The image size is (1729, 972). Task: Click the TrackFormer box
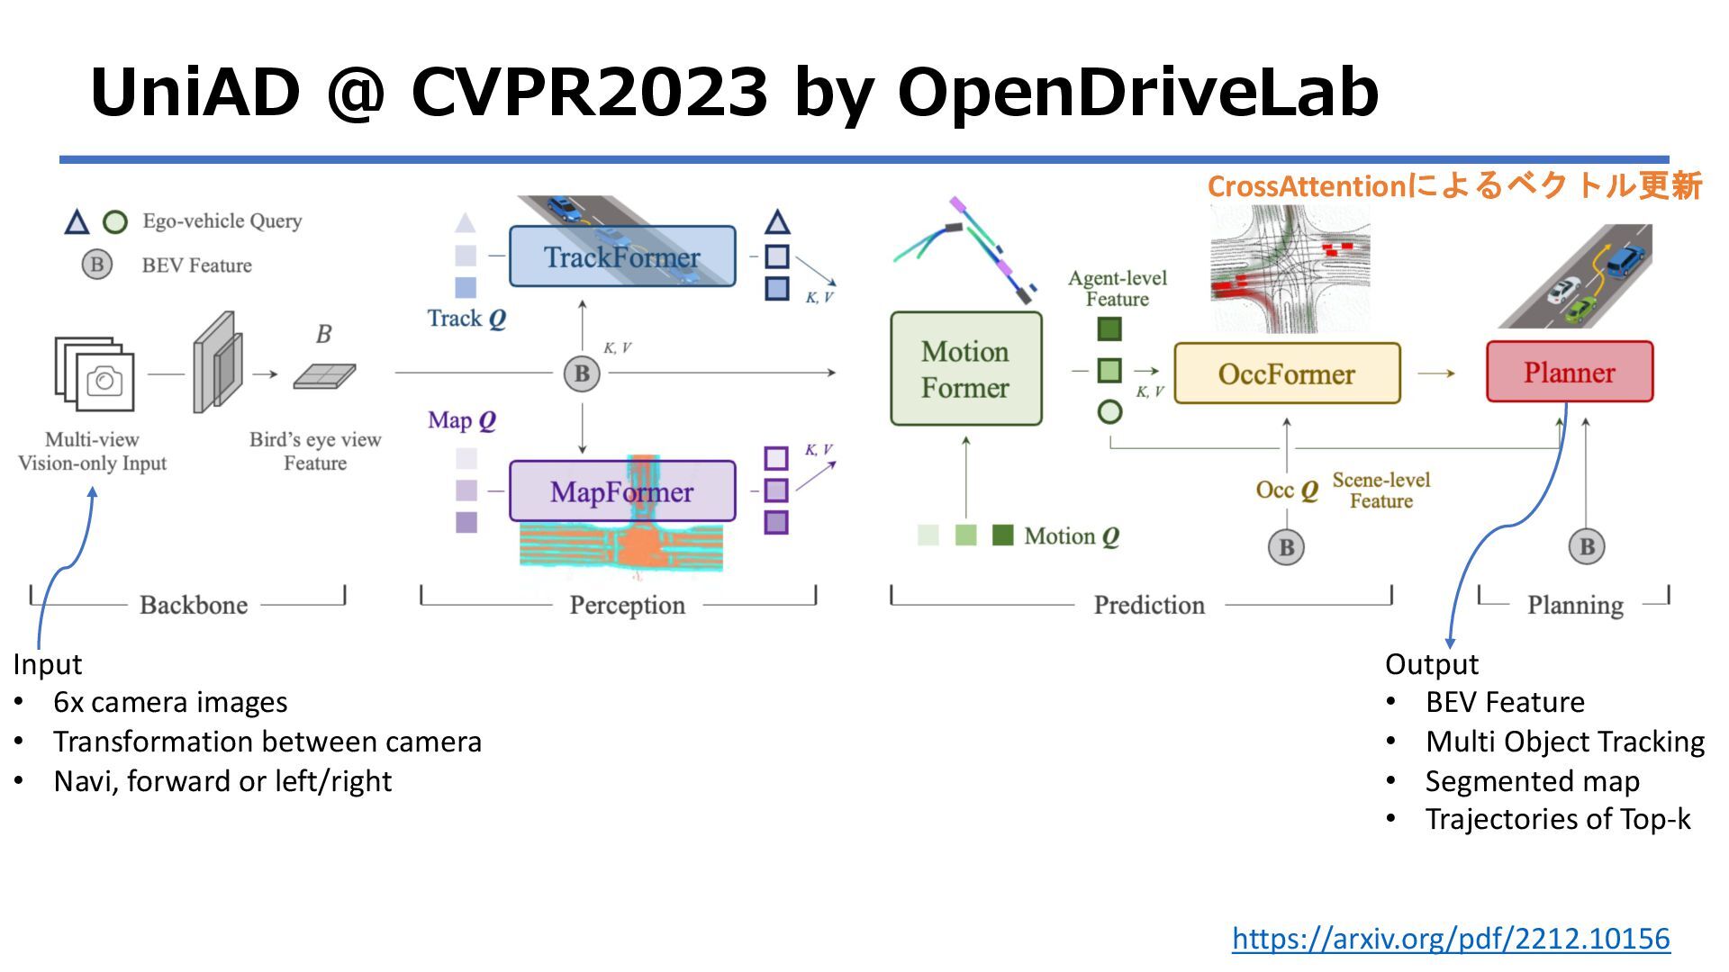(621, 256)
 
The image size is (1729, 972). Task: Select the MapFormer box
(621, 491)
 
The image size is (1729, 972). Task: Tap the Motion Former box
(965, 369)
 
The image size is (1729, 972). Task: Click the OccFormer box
(1287, 373)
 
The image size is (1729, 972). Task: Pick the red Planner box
(1569, 372)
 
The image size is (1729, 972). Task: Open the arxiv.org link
(1450, 939)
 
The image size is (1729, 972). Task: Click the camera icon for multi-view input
(104, 381)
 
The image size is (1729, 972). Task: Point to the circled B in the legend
(96, 265)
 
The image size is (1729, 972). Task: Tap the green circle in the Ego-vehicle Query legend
(114, 221)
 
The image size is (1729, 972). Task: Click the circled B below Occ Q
(1286, 546)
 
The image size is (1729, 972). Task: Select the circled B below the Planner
(1586, 546)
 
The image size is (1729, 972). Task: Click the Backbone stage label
(194, 605)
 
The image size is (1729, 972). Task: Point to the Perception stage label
(627, 605)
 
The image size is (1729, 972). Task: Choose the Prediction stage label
(1148, 605)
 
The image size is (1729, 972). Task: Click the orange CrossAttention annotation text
(1453, 186)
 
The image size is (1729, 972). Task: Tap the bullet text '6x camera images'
(170, 702)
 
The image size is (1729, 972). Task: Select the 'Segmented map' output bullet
(1532, 781)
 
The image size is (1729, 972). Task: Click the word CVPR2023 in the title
(590, 92)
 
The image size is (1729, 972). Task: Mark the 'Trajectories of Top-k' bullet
(1557, 819)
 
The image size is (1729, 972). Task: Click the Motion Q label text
(1071, 536)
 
